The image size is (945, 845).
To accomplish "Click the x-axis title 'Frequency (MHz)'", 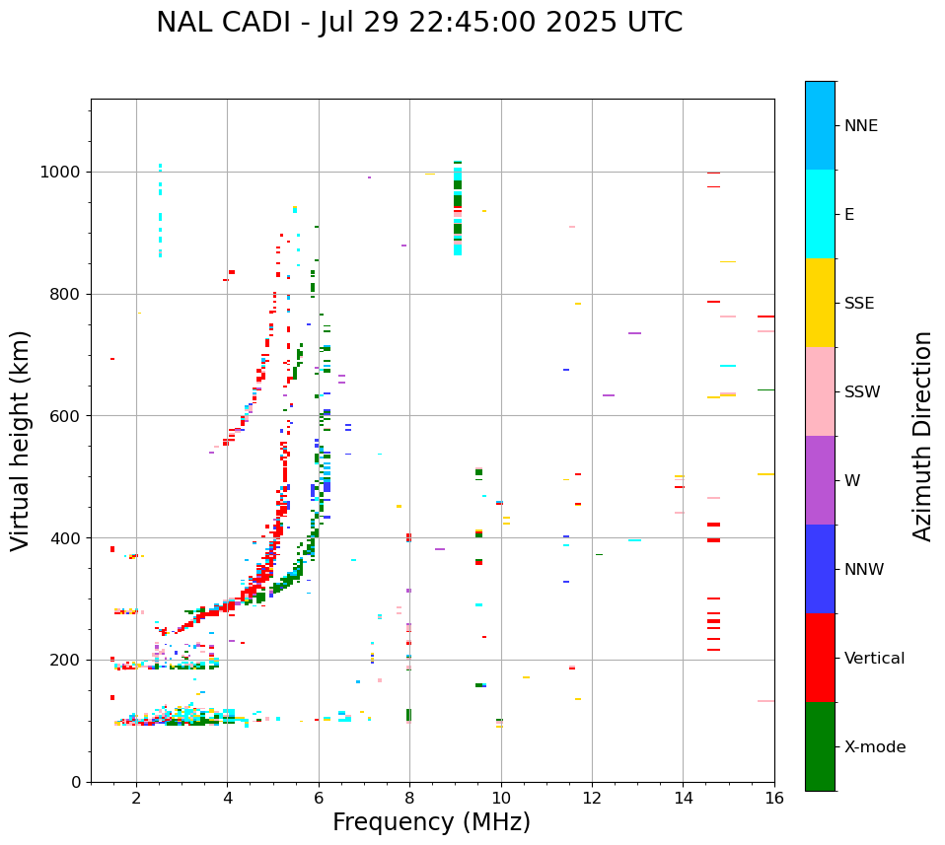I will coord(431,822).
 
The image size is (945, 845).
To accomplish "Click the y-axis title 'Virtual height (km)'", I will coord(21,441).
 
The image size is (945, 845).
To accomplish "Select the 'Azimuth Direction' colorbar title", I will coord(922,436).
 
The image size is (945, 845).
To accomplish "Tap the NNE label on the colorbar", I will coord(860,126).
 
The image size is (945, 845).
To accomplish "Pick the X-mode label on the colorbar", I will coord(875,747).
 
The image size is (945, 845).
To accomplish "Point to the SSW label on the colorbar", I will coord(862,392).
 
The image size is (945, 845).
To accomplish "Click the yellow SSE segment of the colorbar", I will coord(820,303).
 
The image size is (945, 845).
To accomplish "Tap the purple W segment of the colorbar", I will coord(820,480).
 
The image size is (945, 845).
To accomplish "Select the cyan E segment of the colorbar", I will coord(820,214).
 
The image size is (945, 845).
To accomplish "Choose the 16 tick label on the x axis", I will coord(774,798).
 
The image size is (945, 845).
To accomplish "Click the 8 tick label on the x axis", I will coord(409,798).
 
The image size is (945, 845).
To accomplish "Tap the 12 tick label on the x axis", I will coord(592,798).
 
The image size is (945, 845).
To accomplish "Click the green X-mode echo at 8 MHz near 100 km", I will coord(408,715).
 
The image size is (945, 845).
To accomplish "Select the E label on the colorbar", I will coord(849,215).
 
